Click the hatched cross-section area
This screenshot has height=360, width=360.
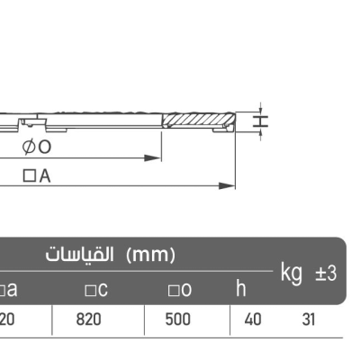199,120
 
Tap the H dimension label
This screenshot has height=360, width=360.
260,121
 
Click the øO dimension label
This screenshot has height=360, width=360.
37,147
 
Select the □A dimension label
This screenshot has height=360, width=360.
37,176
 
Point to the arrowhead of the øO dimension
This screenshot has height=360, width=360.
153,157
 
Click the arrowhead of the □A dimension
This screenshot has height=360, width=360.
227,186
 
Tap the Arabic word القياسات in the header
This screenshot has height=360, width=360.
79,255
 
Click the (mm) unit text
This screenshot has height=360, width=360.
150,255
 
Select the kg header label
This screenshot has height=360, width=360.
292,273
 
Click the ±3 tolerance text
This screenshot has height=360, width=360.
326,274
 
